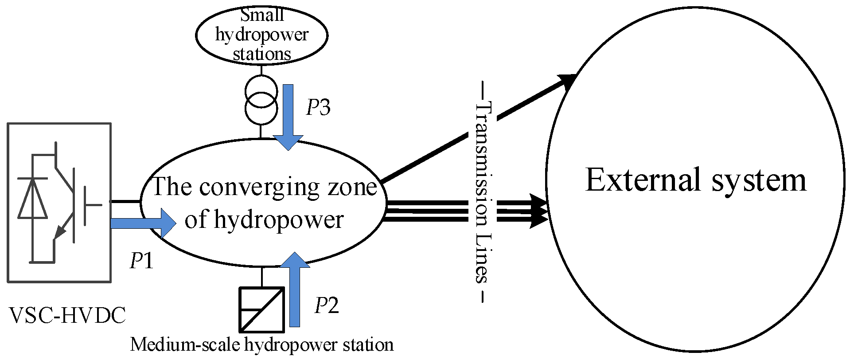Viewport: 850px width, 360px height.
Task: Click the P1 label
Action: (x=141, y=261)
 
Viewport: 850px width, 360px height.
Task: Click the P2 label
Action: (x=327, y=305)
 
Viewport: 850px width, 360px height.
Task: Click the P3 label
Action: (x=318, y=108)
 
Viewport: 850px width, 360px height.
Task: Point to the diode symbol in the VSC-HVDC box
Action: (x=32, y=199)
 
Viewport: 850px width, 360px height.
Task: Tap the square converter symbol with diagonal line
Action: (x=262, y=309)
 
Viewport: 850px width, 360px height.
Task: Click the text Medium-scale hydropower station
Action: (x=261, y=344)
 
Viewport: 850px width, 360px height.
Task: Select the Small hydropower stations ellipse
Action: (x=261, y=35)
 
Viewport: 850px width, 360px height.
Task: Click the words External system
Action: (x=696, y=180)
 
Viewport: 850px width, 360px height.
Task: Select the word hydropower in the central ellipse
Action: (x=279, y=220)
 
